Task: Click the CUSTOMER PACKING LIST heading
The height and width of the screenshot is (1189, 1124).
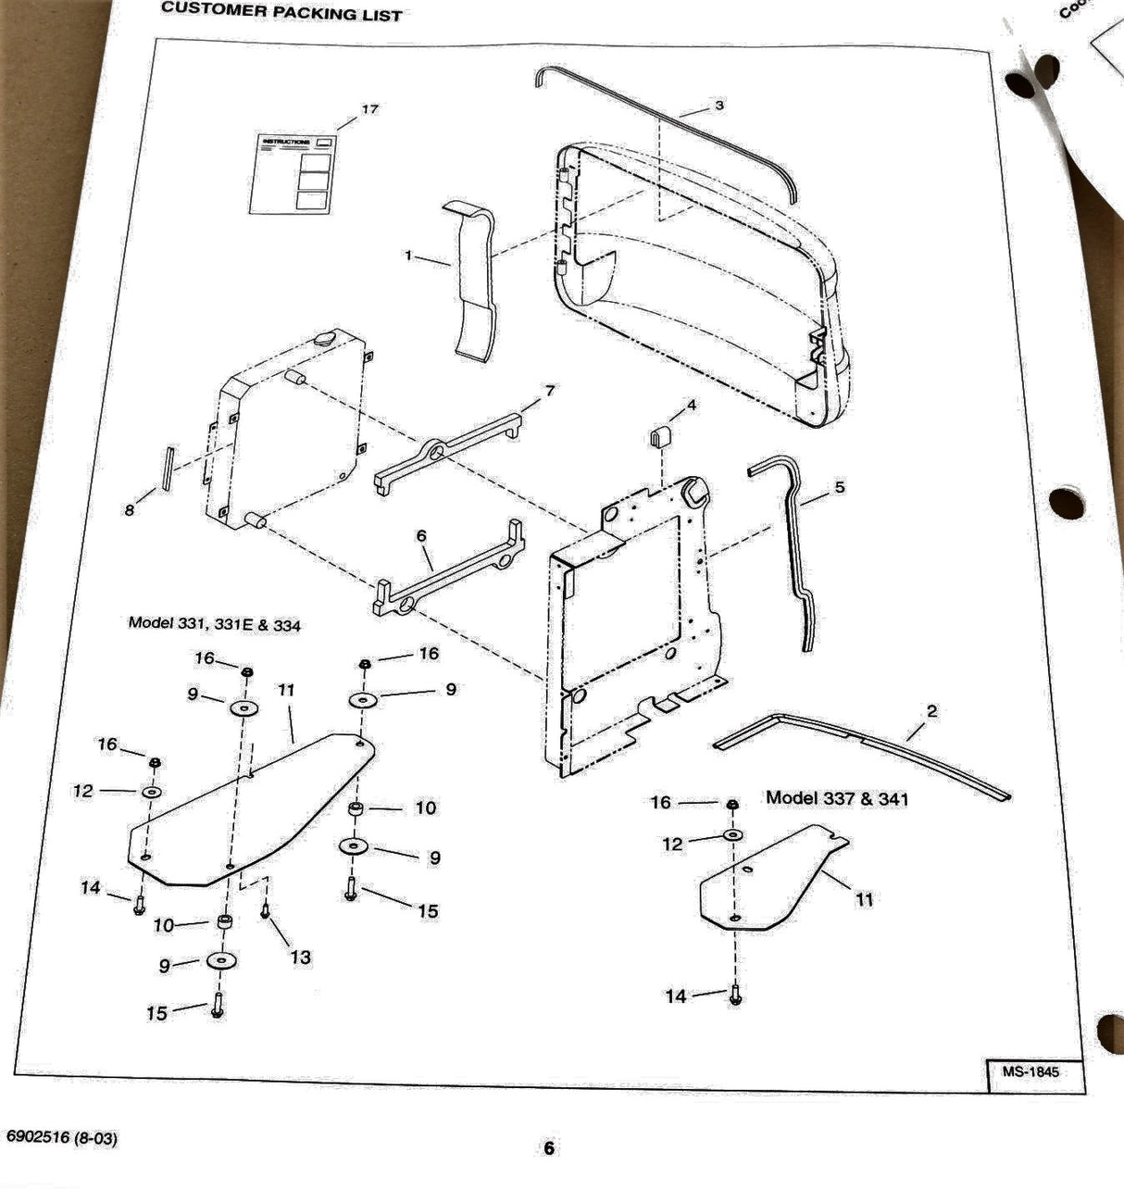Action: tap(281, 12)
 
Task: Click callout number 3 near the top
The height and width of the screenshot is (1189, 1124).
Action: tap(718, 106)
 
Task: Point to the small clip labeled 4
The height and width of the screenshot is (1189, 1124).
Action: tap(659, 436)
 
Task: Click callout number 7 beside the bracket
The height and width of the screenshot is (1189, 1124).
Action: tap(550, 392)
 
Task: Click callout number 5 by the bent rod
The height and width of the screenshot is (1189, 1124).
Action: tap(839, 487)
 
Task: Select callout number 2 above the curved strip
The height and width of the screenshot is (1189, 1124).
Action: tap(931, 711)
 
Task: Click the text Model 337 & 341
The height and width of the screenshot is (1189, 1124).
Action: tap(836, 797)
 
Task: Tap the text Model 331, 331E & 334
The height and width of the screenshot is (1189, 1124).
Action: tap(214, 624)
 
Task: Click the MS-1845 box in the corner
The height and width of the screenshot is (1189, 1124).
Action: tap(1030, 1072)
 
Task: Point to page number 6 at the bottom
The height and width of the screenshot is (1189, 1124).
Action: tap(549, 1148)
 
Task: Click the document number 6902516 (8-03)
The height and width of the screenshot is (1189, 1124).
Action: tap(62, 1137)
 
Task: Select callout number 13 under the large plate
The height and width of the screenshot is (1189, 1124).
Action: tap(300, 957)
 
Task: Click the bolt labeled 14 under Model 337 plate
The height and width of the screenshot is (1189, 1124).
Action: tap(736, 995)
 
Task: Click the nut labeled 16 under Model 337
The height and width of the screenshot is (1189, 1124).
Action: tap(731, 803)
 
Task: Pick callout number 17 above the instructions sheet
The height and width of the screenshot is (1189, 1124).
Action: tap(369, 109)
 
